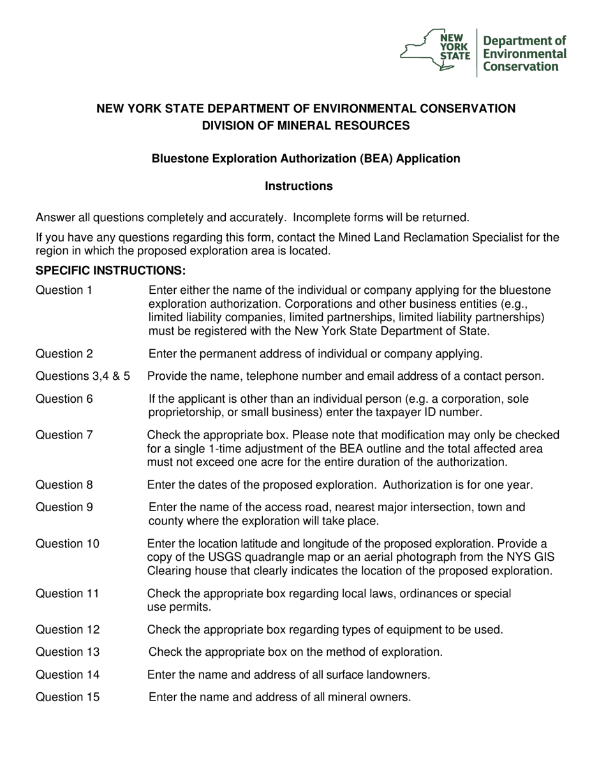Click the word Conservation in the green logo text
(x=520, y=66)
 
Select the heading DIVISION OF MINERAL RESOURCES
(x=306, y=126)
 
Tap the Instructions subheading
(x=299, y=186)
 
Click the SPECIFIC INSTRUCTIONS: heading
(x=110, y=270)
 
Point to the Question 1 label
(x=64, y=291)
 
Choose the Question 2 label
(x=64, y=354)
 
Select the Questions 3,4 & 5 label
(x=83, y=376)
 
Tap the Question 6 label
(x=64, y=399)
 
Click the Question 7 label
(x=64, y=435)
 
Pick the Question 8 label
(x=64, y=485)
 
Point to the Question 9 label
(x=64, y=508)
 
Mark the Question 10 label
(x=67, y=544)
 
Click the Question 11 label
(x=67, y=593)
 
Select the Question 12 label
(x=67, y=630)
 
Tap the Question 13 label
(x=67, y=652)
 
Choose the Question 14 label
(x=67, y=674)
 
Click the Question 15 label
(x=67, y=697)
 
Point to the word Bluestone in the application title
(x=178, y=159)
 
